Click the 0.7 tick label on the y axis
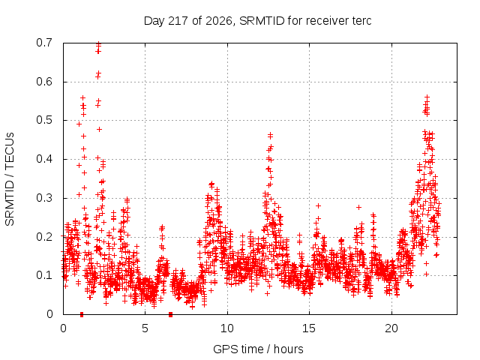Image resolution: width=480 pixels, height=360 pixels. click(44, 43)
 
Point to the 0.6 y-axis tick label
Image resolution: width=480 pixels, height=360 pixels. click(44, 82)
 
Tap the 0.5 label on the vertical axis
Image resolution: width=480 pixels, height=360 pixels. click(44, 120)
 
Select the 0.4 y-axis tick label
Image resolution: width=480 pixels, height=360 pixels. click(44, 159)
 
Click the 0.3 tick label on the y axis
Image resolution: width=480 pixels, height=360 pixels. click(44, 198)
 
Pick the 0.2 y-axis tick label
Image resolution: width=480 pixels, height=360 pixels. click(44, 237)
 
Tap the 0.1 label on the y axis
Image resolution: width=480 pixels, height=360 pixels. click(44, 275)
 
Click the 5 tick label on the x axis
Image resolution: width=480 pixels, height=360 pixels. click(145, 328)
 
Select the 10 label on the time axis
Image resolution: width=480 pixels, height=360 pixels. click(226, 328)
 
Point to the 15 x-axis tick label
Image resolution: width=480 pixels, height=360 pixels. click(309, 328)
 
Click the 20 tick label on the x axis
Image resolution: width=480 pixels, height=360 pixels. click(391, 328)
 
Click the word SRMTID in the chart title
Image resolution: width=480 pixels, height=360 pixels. click(262, 21)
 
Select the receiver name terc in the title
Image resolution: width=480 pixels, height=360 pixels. click(361, 21)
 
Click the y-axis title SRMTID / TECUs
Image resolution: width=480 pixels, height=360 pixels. click(10, 179)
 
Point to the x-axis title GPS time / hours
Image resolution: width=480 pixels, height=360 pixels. click(258, 349)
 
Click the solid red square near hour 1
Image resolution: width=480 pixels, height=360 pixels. click(82, 314)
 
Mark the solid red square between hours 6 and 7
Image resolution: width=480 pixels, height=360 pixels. click(171, 314)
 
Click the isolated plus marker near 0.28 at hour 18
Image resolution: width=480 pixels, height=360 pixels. click(358, 207)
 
